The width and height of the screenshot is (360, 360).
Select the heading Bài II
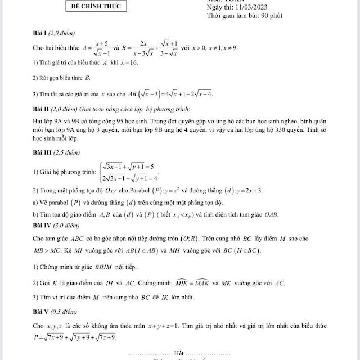pyautogui.click(x=42, y=108)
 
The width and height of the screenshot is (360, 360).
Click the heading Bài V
pyautogui.click(x=41, y=310)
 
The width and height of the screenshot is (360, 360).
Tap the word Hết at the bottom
pyautogui.click(x=179, y=353)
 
